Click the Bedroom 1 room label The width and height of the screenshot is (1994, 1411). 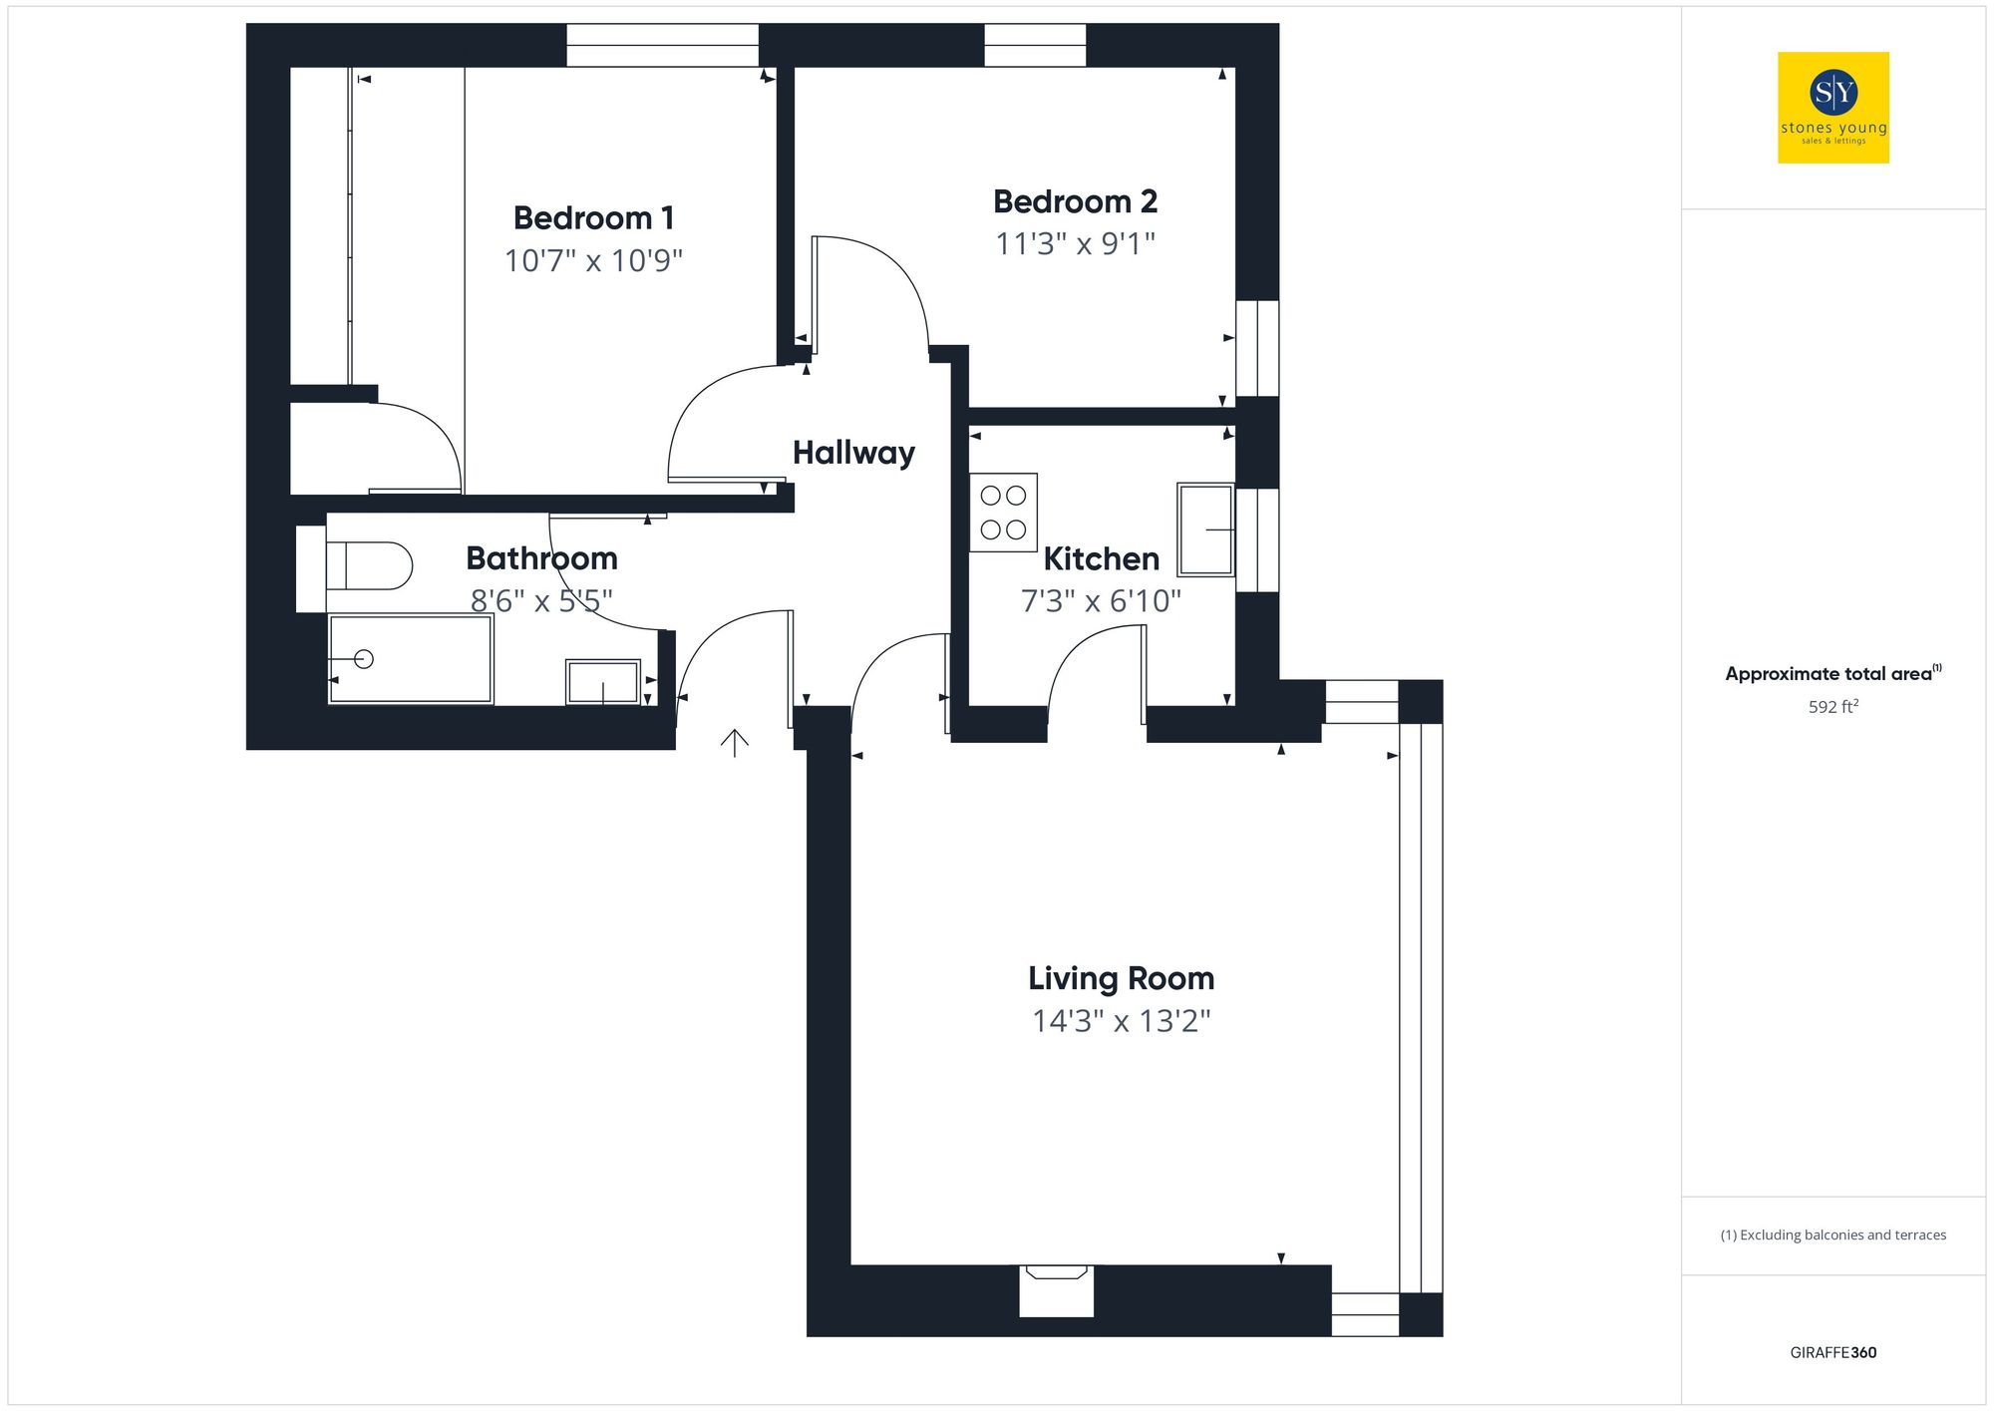tap(593, 217)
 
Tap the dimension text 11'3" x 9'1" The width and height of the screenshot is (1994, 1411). tap(1075, 243)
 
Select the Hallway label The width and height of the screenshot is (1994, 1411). tap(853, 453)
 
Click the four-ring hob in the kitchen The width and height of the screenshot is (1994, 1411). tap(1003, 513)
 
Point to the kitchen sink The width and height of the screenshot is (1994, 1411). tap(1205, 529)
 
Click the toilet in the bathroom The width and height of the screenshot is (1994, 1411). tap(369, 565)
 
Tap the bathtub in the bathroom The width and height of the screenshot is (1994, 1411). tap(411, 659)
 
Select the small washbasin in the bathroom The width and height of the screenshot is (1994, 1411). tap(602, 682)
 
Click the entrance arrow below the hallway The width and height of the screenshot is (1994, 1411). tap(735, 742)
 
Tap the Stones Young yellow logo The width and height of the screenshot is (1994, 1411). tap(1832, 108)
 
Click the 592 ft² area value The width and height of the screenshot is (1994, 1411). tap(1832, 707)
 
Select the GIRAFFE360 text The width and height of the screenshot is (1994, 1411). tap(1832, 1352)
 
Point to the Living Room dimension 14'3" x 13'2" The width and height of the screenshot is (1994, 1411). tap(1121, 1021)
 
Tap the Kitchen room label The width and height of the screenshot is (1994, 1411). tap(1101, 559)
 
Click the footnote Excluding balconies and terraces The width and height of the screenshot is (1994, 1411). tap(1832, 1235)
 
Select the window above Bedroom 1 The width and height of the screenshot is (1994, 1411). tap(662, 46)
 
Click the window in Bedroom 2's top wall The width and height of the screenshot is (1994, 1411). tap(1035, 46)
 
